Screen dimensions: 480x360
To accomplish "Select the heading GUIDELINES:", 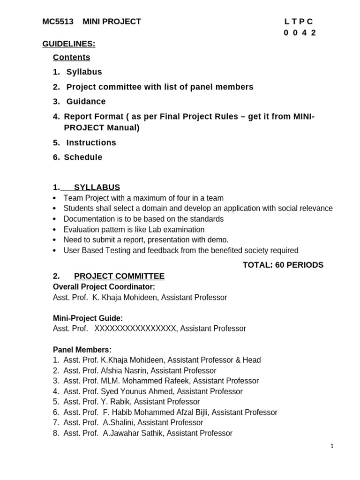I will coord(69,44).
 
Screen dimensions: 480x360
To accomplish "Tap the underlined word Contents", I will coord(72,58).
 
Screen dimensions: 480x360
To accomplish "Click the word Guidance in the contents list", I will coord(86,102).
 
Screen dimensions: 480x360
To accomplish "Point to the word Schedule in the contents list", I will coord(83,157).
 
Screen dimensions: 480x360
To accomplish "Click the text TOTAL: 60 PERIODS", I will coord(283,265).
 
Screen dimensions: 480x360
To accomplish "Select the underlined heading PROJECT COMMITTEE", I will coord(119,277).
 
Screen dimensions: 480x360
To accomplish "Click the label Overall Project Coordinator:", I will coord(104,287).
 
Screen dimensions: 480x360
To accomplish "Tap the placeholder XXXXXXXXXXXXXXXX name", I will coord(135,329).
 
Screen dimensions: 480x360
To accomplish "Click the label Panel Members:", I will coord(82,350).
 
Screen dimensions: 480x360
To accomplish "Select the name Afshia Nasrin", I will coord(124,371).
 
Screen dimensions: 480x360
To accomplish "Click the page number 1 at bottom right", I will coord(332,447).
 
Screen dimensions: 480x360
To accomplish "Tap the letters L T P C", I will coord(299,22).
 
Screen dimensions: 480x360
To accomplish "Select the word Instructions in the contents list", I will coord(91,142).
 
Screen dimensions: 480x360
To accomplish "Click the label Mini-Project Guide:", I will coord(88,318).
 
